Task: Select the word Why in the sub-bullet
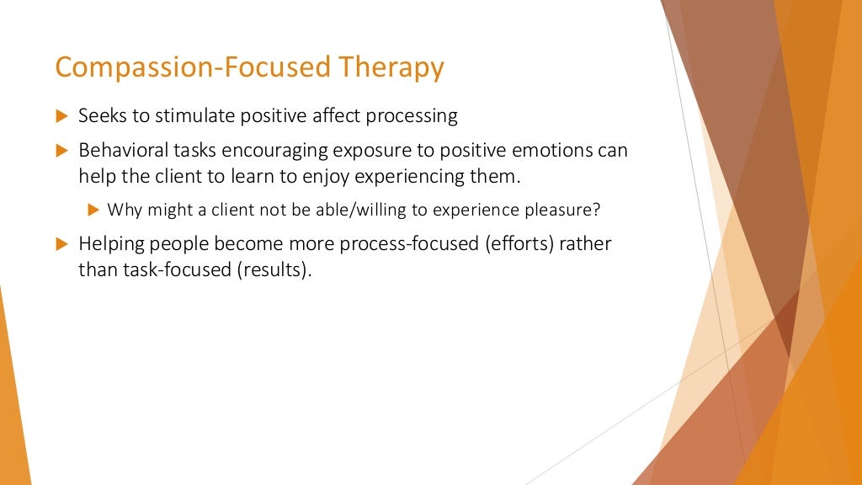[x=122, y=210]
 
